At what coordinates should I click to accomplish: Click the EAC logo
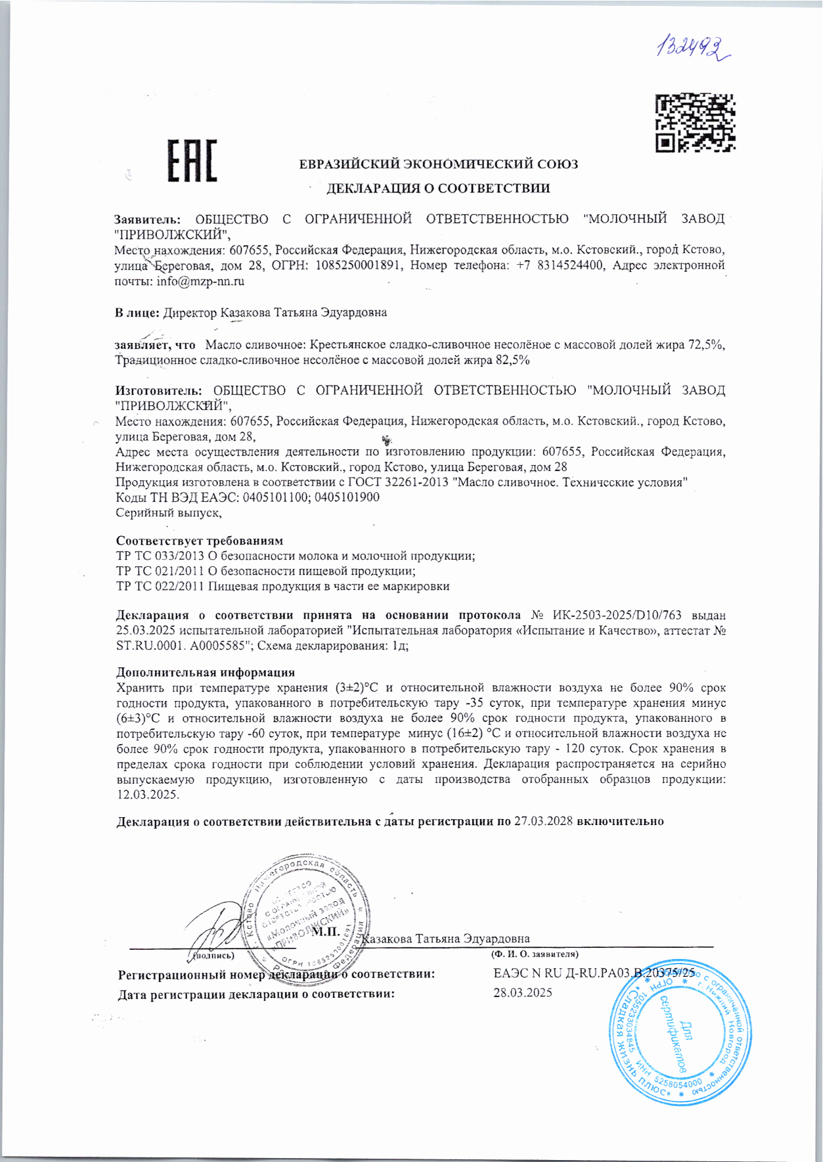coord(192,160)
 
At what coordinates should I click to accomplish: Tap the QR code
coord(696,123)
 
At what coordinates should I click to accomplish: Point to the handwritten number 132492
coord(693,48)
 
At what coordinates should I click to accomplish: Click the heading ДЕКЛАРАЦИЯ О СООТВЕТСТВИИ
coord(438,189)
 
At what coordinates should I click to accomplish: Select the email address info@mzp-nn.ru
coord(200,281)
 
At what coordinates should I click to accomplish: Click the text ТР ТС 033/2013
coord(160,556)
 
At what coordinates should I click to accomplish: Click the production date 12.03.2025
coord(147,794)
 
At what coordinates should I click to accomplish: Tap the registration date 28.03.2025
coord(523,993)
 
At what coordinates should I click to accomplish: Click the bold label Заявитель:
coord(147,219)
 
